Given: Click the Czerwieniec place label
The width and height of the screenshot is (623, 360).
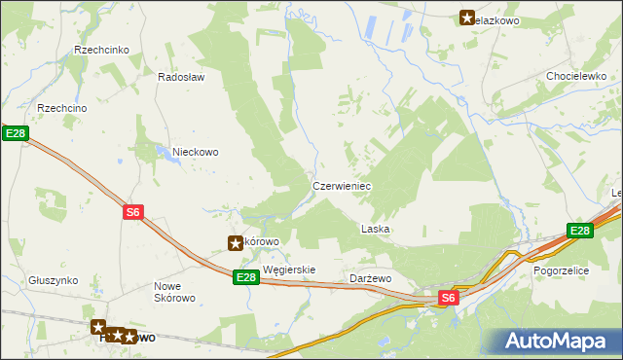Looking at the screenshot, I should [341, 185].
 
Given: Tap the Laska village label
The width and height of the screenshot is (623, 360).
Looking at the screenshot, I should [375, 230].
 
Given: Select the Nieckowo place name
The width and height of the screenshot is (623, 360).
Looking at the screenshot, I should [195, 152].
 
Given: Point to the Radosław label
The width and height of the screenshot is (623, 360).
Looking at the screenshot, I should [181, 78].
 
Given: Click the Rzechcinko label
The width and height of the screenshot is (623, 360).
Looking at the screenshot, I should [108, 50].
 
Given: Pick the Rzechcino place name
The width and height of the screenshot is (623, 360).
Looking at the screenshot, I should [62, 108].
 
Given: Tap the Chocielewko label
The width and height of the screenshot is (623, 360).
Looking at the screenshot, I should [577, 76].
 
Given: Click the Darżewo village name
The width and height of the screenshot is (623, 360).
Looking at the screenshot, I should [370, 278].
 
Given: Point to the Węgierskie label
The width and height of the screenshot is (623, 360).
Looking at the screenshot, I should [289, 270].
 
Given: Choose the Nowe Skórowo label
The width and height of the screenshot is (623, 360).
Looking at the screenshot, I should [175, 292].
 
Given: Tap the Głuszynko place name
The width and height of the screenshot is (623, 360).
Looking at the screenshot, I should [53, 279].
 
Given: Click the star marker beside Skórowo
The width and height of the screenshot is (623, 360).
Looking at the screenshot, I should [235, 242].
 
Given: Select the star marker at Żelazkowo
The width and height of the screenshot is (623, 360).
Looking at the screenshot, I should [466, 18].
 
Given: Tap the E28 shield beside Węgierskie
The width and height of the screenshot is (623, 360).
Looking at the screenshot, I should [246, 277].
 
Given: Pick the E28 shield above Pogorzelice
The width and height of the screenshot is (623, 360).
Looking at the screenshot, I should [580, 231].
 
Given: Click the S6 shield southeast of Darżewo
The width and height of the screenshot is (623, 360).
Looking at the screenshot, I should [447, 298].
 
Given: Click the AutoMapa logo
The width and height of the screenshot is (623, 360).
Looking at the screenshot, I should [558, 341].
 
